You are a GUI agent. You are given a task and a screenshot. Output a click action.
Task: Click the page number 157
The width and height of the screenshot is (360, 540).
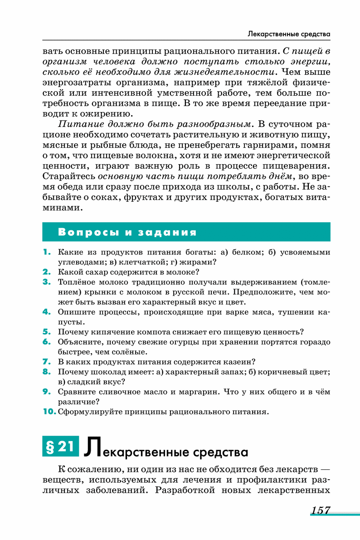(x=320, y=511)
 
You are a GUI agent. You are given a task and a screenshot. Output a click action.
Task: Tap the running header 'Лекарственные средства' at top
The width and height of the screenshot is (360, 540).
(x=289, y=34)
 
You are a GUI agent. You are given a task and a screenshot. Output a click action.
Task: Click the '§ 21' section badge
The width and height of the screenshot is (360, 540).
(x=60, y=447)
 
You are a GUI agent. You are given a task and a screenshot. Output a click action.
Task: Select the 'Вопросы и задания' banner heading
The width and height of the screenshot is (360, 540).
(x=127, y=233)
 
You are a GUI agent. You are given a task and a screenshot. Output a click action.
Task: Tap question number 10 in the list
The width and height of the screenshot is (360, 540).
(x=49, y=412)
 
